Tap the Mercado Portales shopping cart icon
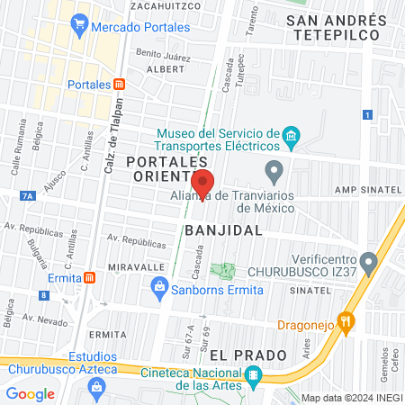pos(80,27)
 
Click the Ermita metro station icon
pos(89,277)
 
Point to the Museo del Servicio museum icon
pos(291,138)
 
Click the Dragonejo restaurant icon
pos(343,320)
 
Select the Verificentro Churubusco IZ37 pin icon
pos(366,257)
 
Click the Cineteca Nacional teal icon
pos(255,376)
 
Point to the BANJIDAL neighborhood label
pos(224,229)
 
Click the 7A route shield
pos(27,194)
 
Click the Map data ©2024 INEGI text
pos(351,398)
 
